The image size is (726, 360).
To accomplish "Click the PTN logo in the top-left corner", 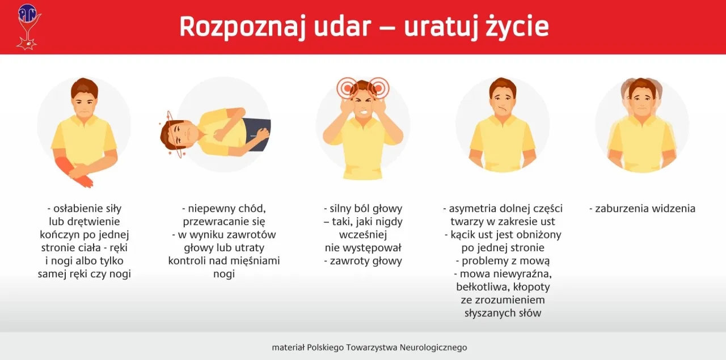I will pyautogui.click(x=27, y=26).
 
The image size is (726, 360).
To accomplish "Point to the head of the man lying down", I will pyautogui.click(x=177, y=135).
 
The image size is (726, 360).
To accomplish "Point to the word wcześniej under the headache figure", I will pyautogui.click(x=363, y=235).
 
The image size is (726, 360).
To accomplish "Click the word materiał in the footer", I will pyautogui.click(x=288, y=348).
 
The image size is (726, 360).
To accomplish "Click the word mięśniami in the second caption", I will pyautogui.click(x=254, y=261).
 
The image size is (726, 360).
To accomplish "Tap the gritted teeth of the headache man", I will pyautogui.click(x=362, y=112).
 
